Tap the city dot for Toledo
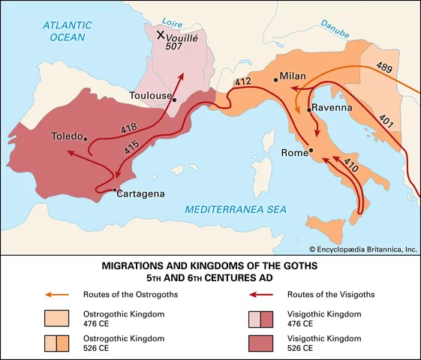[x=87, y=138]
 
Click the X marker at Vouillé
[x=160, y=35]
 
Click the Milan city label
[x=294, y=76]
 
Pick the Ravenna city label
[x=333, y=108]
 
